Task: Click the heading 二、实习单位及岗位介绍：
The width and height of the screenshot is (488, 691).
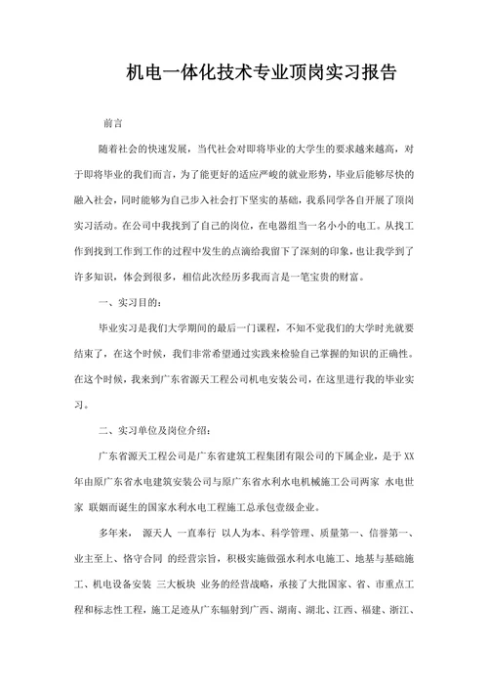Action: point(164,430)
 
